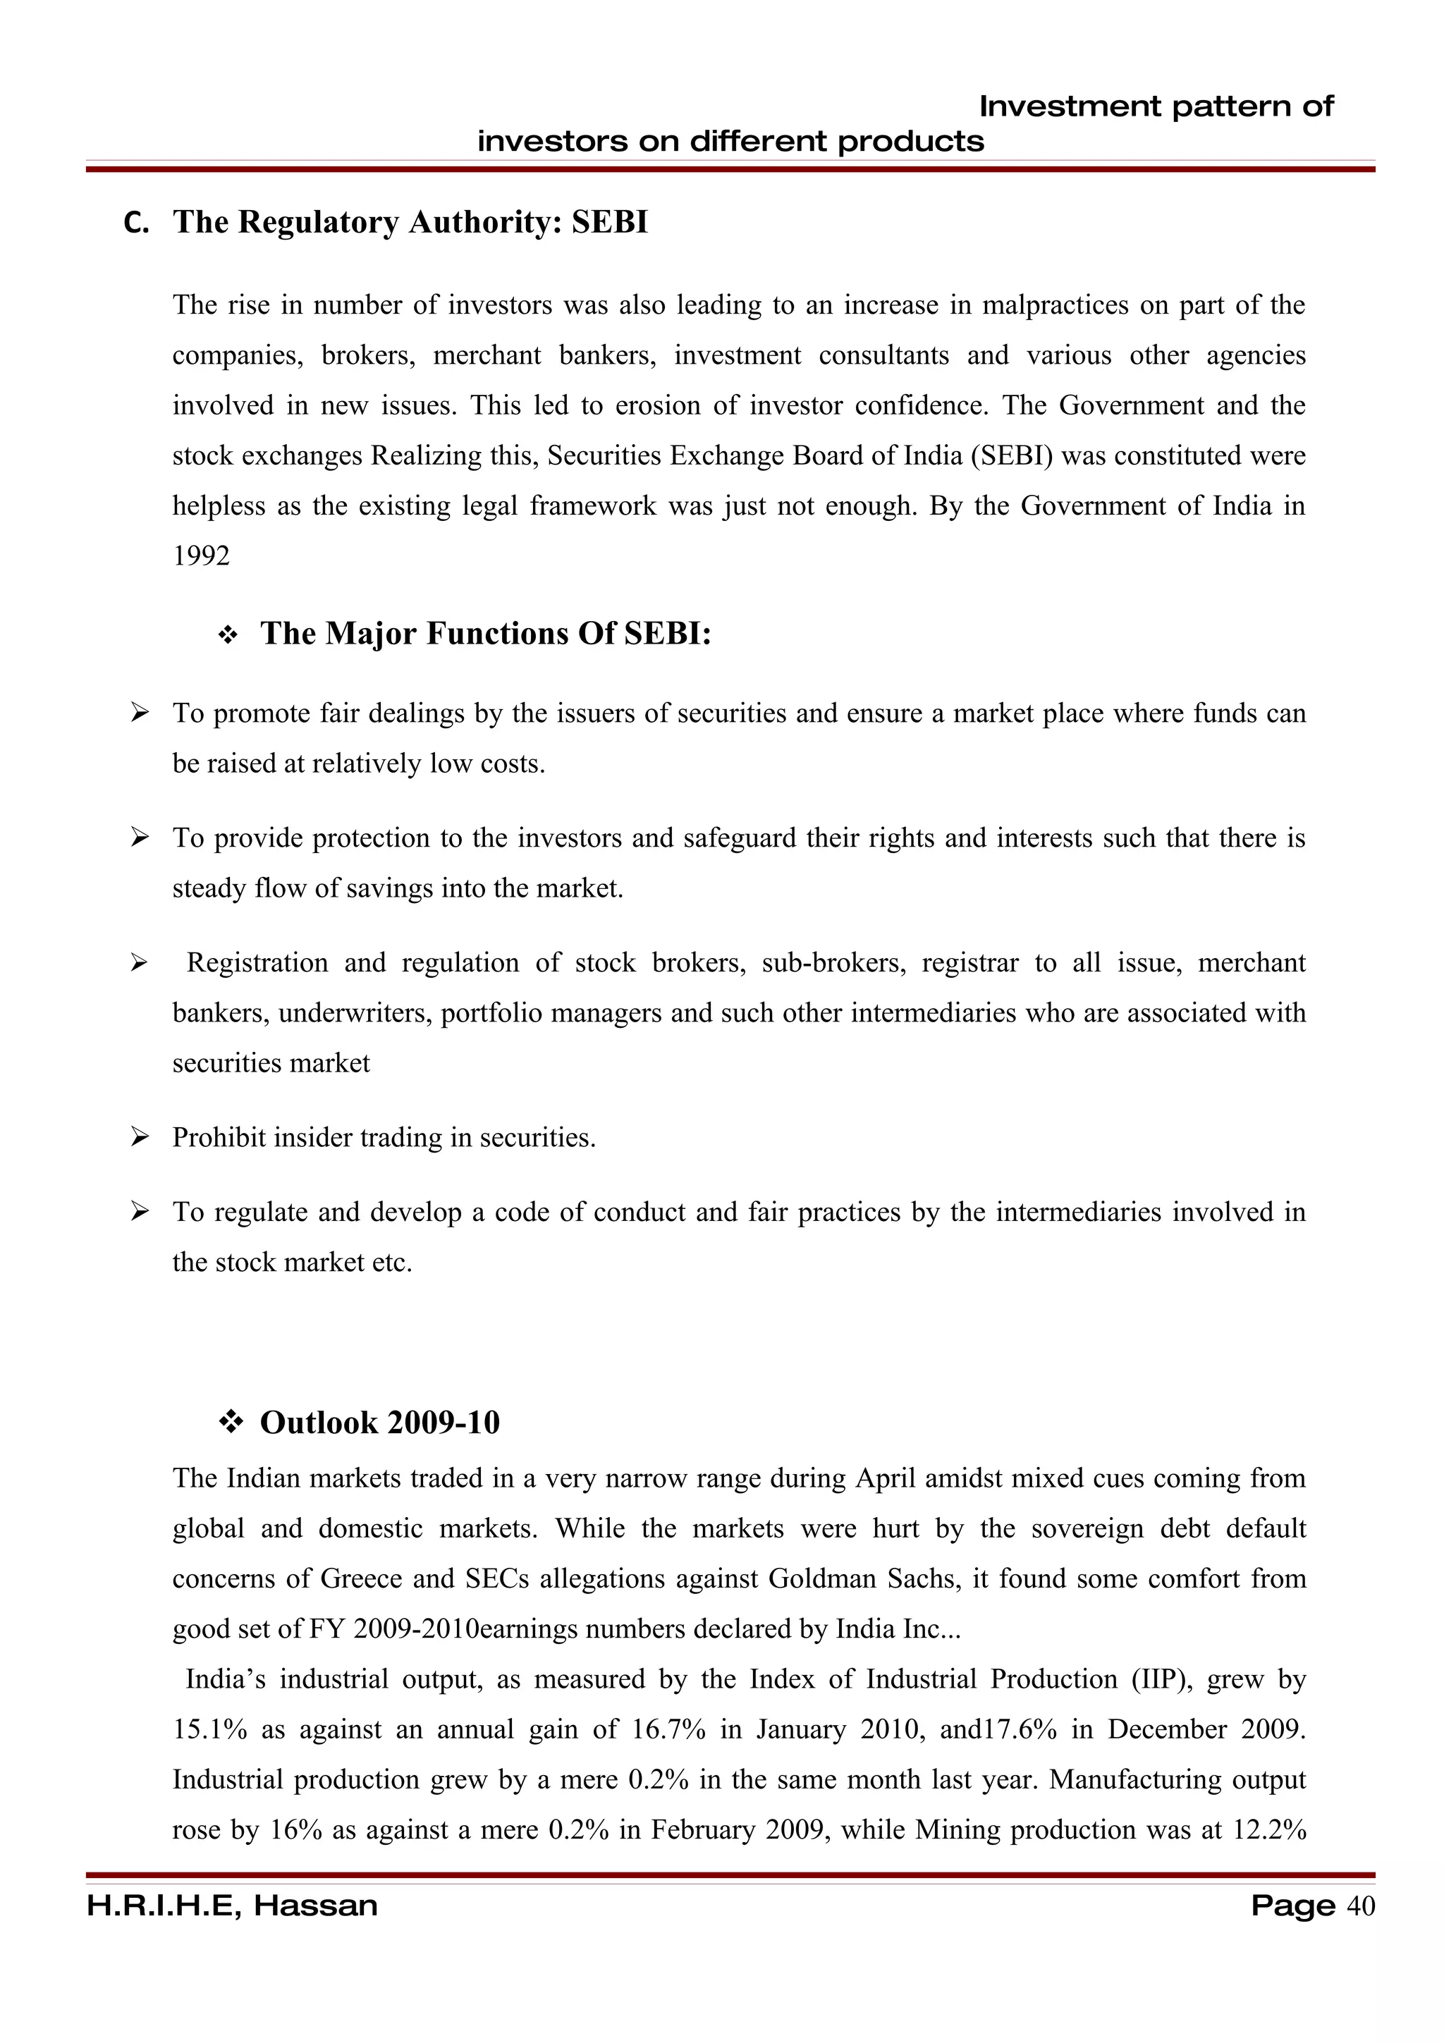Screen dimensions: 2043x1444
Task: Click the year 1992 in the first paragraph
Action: click(201, 556)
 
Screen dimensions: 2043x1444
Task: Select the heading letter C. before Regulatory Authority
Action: click(136, 223)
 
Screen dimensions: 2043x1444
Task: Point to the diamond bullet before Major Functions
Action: click(228, 635)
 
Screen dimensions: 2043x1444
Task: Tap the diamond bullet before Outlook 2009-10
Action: click(231, 1422)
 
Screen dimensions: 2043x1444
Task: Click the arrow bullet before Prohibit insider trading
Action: click(139, 1136)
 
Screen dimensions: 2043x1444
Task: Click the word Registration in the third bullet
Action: click(257, 963)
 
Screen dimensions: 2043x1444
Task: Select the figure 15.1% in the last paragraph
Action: click(210, 1729)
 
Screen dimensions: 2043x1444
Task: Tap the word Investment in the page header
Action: click(1070, 106)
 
